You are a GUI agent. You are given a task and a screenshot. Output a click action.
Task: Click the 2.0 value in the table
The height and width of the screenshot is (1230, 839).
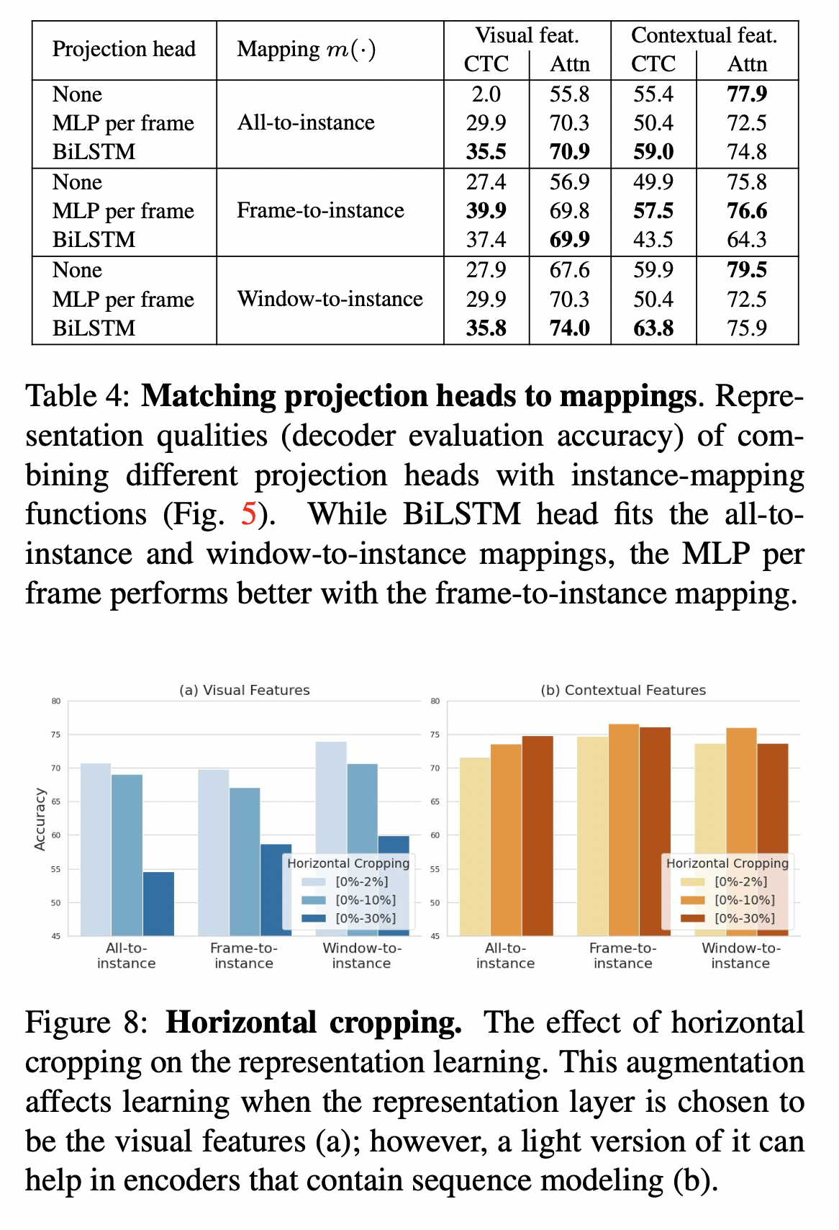click(x=486, y=94)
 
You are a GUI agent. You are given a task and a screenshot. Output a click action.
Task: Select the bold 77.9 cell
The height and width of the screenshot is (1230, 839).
click(x=747, y=94)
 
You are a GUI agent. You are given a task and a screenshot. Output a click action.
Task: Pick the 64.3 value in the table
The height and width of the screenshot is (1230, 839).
click(x=747, y=240)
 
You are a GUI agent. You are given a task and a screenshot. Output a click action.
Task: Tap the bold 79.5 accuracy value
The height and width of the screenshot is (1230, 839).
click(x=747, y=270)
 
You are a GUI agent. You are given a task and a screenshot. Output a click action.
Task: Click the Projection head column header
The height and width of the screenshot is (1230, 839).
click(x=124, y=49)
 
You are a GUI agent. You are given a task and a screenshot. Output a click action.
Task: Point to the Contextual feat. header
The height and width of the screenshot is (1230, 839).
click(x=704, y=35)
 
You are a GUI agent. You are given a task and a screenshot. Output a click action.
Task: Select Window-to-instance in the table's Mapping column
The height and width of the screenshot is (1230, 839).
click(x=330, y=299)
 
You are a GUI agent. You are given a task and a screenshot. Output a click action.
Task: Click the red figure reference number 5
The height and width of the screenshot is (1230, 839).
click(x=248, y=514)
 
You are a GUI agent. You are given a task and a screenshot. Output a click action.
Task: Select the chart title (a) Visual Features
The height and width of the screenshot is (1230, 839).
click(x=245, y=690)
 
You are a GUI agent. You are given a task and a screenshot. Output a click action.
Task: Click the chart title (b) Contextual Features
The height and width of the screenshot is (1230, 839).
click(x=623, y=690)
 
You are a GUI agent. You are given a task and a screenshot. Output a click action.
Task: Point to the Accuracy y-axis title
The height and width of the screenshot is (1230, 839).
click(x=40, y=820)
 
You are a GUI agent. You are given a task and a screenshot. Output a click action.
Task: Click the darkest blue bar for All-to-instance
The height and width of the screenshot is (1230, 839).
click(x=158, y=904)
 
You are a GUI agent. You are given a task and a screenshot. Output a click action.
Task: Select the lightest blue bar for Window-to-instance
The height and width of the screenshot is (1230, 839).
click(x=331, y=799)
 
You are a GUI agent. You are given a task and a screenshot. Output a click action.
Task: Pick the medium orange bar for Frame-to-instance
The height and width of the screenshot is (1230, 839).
click(x=624, y=828)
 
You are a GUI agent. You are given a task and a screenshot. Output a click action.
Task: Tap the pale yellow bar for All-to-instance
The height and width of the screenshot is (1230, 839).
click(x=474, y=846)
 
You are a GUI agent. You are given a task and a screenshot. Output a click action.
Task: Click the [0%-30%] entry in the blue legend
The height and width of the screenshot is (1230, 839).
click(x=366, y=918)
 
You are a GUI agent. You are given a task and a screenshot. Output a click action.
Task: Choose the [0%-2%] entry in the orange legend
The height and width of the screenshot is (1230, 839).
click(x=740, y=881)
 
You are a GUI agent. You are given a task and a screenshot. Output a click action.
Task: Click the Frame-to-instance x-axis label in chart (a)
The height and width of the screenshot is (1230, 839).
click(x=244, y=956)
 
